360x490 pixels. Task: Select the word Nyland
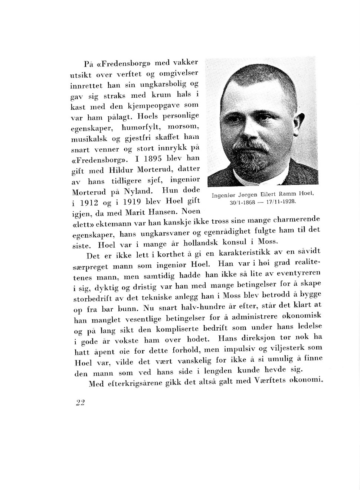point(138,192)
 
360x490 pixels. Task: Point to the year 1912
point(89,203)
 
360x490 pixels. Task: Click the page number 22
point(80,402)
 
